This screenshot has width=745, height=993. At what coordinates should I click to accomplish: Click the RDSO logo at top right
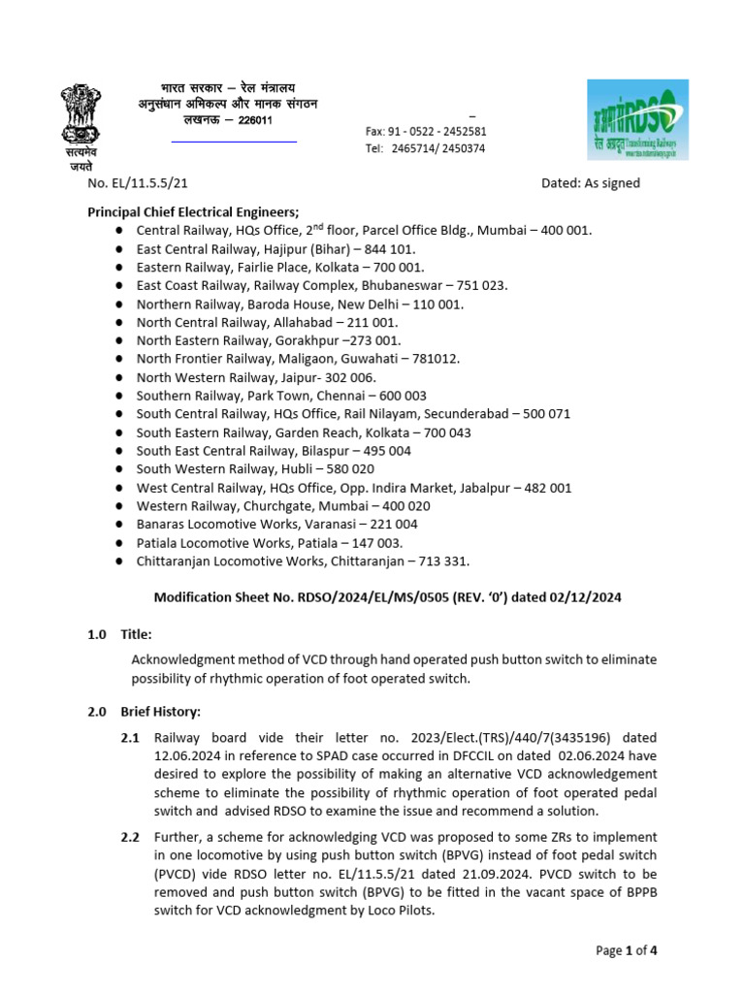pyautogui.click(x=638, y=119)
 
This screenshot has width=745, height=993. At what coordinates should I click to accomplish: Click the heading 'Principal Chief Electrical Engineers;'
pyautogui.click(x=194, y=211)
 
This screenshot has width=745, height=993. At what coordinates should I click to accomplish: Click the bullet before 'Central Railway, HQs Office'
pyautogui.click(x=117, y=231)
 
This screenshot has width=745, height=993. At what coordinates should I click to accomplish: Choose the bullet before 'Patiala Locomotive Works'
pyautogui.click(x=117, y=543)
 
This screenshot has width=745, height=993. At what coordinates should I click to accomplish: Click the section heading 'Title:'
pyautogui.click(x=136, y=634)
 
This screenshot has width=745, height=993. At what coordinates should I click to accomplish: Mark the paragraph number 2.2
pyautogui.click(x=130, y=836)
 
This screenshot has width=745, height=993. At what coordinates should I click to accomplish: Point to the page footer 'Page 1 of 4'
pyautogui.click(x=627, y=950)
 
